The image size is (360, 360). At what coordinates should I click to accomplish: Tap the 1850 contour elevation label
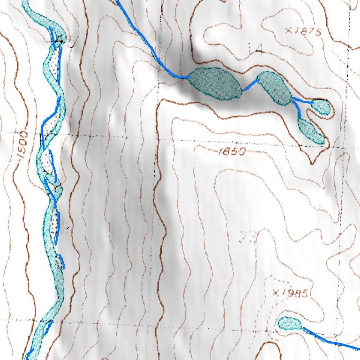click(232, 151)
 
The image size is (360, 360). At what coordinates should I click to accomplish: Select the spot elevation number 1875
click(308, 32)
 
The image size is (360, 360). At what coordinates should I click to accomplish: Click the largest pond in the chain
click(215, 83)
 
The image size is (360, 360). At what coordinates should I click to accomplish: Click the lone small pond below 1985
click(290, 323)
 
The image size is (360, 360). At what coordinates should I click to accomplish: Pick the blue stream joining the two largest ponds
click(250, 85)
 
